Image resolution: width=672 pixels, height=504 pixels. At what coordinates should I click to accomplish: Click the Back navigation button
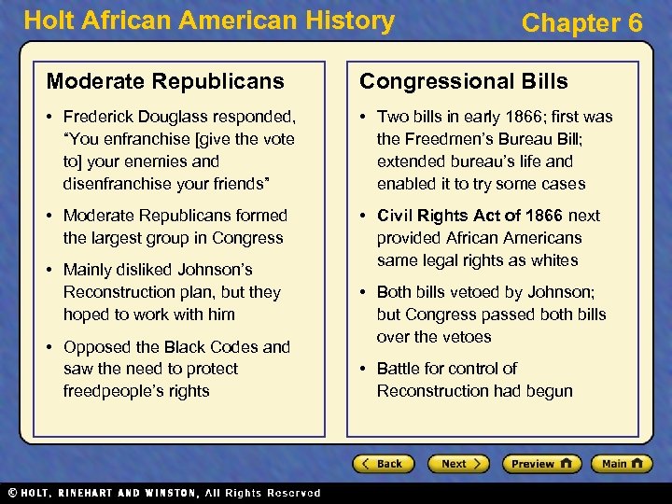(x=383, y=464)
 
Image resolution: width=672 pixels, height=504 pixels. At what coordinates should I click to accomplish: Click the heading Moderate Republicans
(x=165, y=81)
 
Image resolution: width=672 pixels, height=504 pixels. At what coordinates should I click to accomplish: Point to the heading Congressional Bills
(x=464, y=81)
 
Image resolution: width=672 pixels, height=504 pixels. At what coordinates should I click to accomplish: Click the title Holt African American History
(x=209, y=21)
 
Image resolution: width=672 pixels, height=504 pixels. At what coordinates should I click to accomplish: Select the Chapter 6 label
(x=581, y=23)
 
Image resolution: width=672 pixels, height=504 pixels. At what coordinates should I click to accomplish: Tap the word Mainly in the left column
(x=91, y=270)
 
